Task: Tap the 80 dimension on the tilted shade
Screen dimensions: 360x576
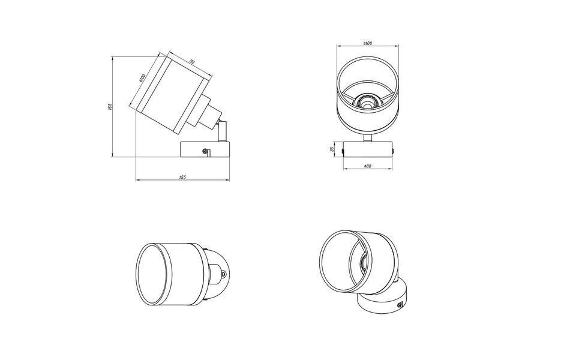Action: [191, 62]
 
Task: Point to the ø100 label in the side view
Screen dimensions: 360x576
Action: [142, 78]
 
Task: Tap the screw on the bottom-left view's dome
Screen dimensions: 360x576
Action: [224, 275]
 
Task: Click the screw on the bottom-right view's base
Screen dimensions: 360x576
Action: [401, 306]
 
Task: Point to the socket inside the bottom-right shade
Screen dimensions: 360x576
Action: [363, 262]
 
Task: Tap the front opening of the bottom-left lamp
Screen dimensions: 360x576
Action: [149, 275]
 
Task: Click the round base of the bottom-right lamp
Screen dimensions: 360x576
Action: [384, 303]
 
